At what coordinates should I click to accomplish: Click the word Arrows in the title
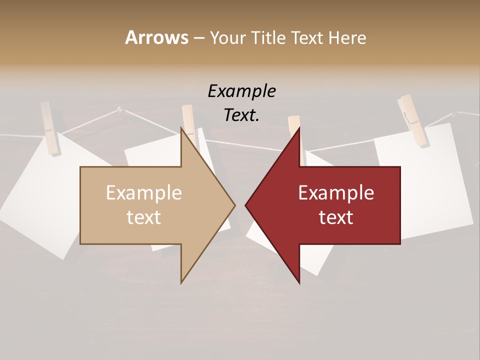(156, 37)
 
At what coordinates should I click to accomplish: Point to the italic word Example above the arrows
(241, 91)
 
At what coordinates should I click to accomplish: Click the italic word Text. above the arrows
(241, 115)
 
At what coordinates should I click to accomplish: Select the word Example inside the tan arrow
(144, 193)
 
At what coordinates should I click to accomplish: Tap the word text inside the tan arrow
(144, 217)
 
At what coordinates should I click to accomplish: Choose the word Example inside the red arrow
(336, 193)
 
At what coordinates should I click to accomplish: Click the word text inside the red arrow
(336, 217)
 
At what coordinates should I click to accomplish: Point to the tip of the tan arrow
(235, 205)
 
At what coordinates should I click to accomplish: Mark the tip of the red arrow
(245, 205)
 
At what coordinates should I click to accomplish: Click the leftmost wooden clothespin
(50, 128)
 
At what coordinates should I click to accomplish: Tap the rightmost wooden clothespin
(413, 120)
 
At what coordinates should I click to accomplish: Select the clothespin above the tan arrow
(189, 122)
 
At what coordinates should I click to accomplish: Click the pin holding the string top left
(119, 108)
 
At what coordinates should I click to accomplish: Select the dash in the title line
(198, 38)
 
